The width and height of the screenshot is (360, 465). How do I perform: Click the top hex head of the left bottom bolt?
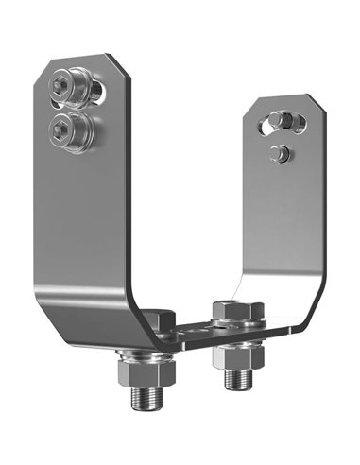(x=159, y=318)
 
